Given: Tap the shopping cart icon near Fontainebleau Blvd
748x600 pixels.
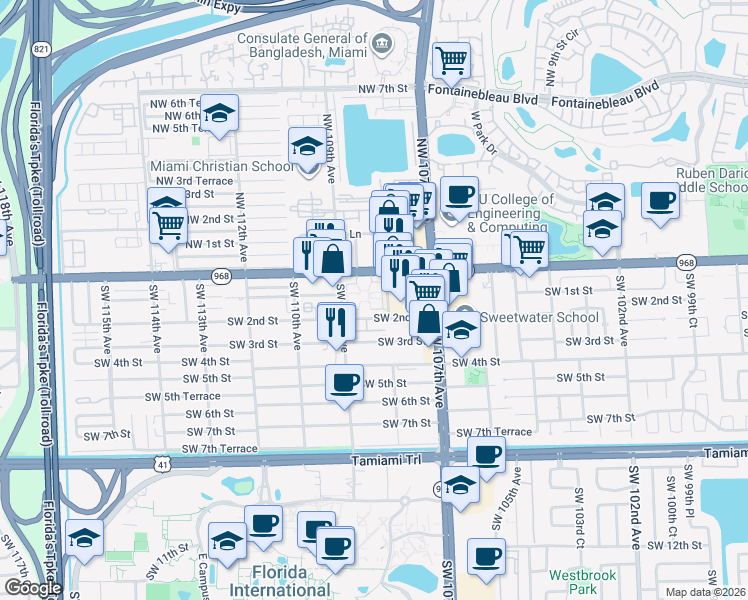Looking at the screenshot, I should [x=451, y=61].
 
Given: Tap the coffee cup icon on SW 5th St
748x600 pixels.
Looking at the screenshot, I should [x=344, y=384].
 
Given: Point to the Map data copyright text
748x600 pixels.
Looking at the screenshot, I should [x=706, y=592].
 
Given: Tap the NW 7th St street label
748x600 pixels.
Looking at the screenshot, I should [x=385, y=88].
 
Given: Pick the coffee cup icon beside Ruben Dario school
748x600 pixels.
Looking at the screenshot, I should [x=659, y=200].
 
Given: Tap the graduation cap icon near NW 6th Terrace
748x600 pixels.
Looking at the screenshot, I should [x=221, y=115].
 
